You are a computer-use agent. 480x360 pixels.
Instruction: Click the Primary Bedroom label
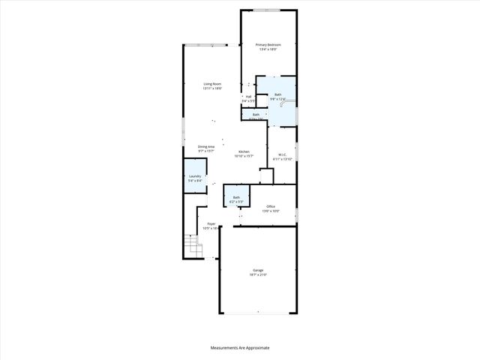point(268,45)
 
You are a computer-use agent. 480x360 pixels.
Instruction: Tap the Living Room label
point(212,83)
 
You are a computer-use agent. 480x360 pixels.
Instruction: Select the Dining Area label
point(206,146)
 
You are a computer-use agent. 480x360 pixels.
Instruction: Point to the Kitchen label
point(244,151)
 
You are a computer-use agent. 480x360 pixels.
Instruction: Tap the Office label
point(270,206)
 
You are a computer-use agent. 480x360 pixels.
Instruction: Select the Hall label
point(247,96)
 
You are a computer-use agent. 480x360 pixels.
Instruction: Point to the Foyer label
point(211,223)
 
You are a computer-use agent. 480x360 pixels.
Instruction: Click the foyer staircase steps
point(193,245)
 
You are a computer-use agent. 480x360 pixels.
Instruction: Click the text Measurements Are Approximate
point(239,348)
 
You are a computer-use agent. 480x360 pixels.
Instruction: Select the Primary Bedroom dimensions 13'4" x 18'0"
point(268,49)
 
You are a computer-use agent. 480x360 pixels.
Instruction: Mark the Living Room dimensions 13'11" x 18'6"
point(212,88)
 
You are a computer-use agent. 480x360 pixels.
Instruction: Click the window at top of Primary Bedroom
point(268,10)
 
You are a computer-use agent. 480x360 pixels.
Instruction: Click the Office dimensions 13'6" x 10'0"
point(270,211)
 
